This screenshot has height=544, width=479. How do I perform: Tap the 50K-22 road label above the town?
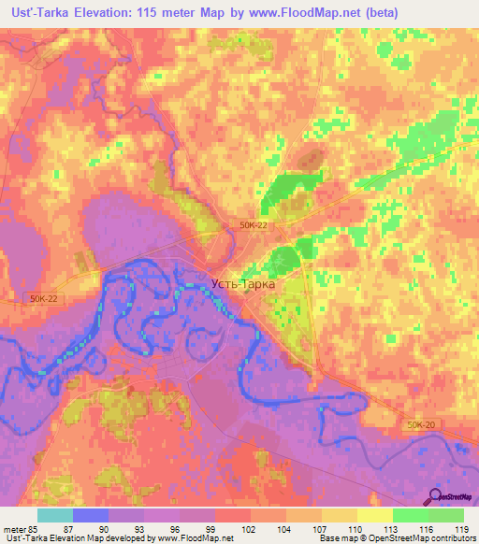[254, 225]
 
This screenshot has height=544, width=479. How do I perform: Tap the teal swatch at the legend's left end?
[55, 515]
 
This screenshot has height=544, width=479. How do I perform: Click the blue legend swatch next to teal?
[91, 515]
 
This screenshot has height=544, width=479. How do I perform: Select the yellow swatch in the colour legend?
[375, 515]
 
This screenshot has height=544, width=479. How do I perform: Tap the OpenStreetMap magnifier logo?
[436, 498]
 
